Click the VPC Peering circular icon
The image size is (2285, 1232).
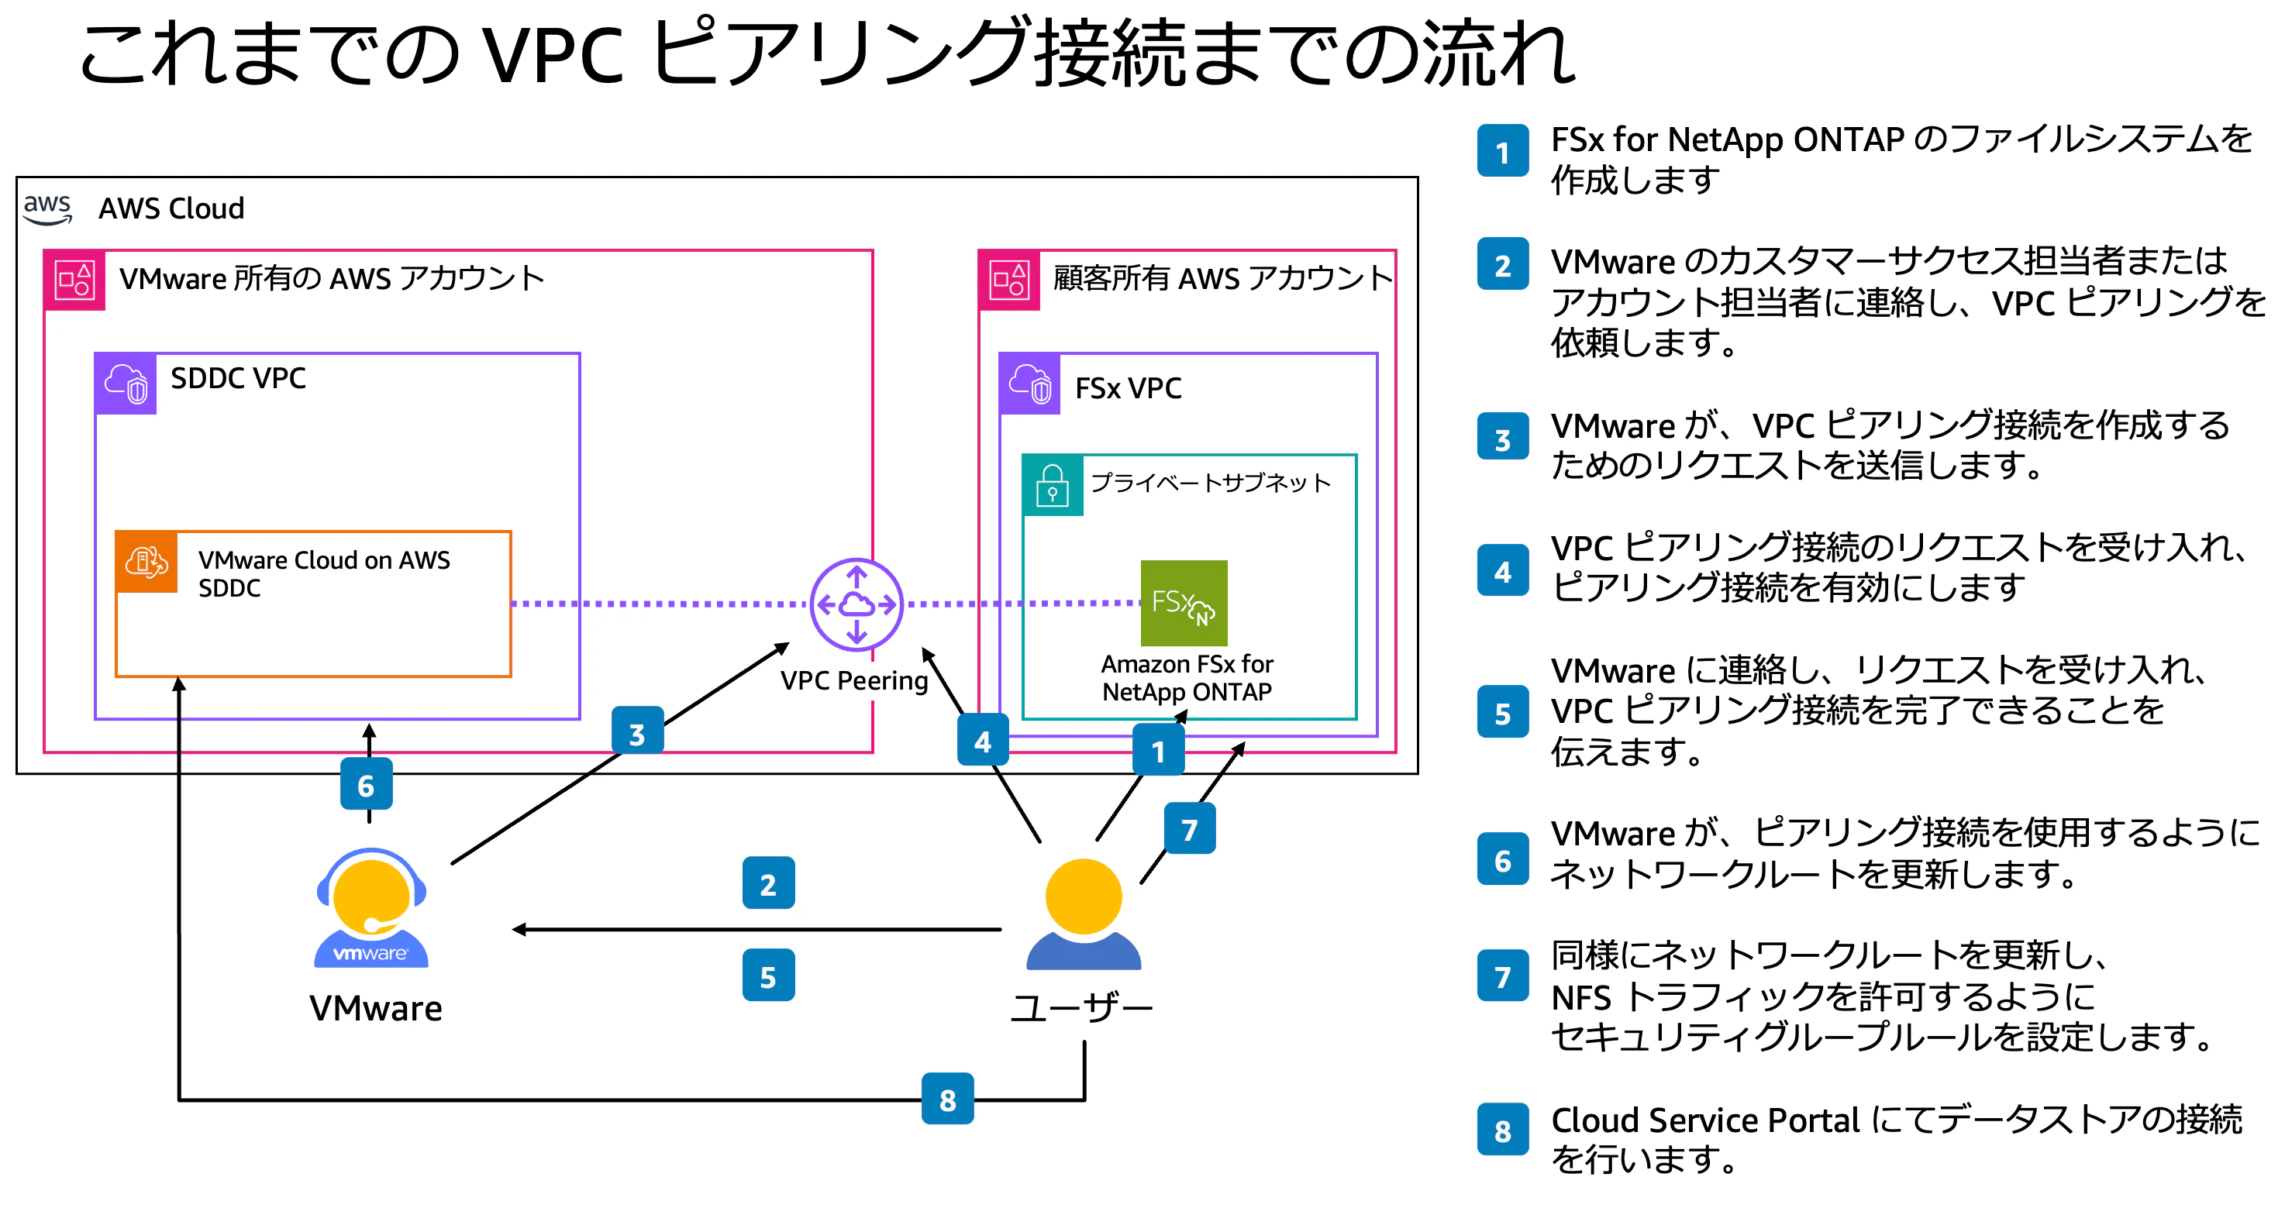tap(856, 605)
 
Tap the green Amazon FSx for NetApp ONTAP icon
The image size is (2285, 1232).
tap(1184, 603)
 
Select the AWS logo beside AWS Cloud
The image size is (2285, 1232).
tap(47, 209)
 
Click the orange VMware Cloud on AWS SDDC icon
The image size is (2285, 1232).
tap(146, 563)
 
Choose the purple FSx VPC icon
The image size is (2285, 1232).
tap(1030, 384)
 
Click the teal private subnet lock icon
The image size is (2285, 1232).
tap(1052, 485)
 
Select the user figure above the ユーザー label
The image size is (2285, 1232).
tap(1083, 914)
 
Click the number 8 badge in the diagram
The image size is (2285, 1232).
tap(947, 1099)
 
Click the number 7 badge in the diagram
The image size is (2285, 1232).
tap(1190, 828)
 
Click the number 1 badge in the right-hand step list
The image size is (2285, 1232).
tap(1503, 152)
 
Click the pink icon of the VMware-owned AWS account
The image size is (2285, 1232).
tap(74, 280)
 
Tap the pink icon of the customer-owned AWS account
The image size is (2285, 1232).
tap(1009, 280)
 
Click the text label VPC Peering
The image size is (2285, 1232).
tap(854, 680)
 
